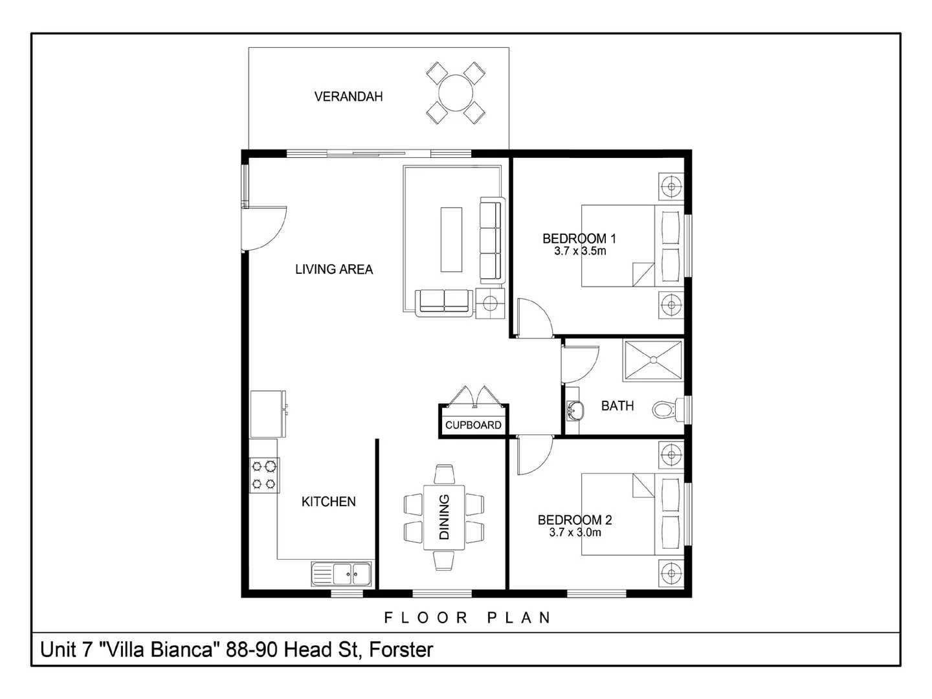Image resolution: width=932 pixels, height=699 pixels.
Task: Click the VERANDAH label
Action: coord(348,96)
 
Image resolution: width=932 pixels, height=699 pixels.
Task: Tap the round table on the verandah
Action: coord(456,93)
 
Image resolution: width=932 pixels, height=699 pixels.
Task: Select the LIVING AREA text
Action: coord(334,269)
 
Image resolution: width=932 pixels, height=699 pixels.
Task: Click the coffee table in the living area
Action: coord(451,239)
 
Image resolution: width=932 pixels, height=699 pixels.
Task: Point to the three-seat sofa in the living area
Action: coord(491,241)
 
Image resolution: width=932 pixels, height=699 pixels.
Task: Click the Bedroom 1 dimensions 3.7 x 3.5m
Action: coord(580,251)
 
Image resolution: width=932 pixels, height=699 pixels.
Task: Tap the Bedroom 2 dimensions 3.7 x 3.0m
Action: coord(575,533)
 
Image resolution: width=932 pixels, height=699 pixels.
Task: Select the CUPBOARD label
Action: coord(473,425)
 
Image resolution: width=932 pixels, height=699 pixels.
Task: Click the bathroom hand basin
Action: coord(573,409)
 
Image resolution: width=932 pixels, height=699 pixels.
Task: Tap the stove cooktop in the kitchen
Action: coord(265,474)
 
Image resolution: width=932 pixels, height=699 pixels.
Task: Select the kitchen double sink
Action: coord(342,573)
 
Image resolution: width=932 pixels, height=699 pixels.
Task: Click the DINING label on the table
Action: coord(445,517)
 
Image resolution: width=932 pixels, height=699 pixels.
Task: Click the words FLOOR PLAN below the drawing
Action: coord(467,617)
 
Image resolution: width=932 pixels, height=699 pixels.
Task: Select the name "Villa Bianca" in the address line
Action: coord(159,649)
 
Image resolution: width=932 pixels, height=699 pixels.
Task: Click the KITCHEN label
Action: coord(329,502)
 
